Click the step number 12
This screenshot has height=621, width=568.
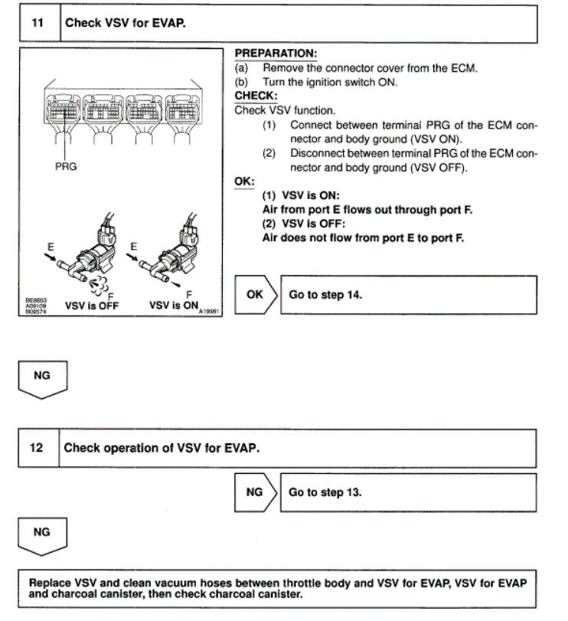point(37,447)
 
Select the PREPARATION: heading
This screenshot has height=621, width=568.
point(275,54)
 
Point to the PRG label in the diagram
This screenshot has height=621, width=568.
point(67,165)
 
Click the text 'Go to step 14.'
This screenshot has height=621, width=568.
point(325,294)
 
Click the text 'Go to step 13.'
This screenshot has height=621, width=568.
point(325,492)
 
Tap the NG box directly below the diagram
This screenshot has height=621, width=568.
point(43,378)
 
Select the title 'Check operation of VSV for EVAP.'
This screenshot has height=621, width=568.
point(162,447)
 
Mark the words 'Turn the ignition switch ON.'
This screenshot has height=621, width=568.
point(330,82)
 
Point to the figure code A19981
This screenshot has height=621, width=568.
point(209,312)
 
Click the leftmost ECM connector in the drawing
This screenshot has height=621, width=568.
point(67,113)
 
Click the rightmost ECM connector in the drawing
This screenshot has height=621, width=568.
point(193,113)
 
